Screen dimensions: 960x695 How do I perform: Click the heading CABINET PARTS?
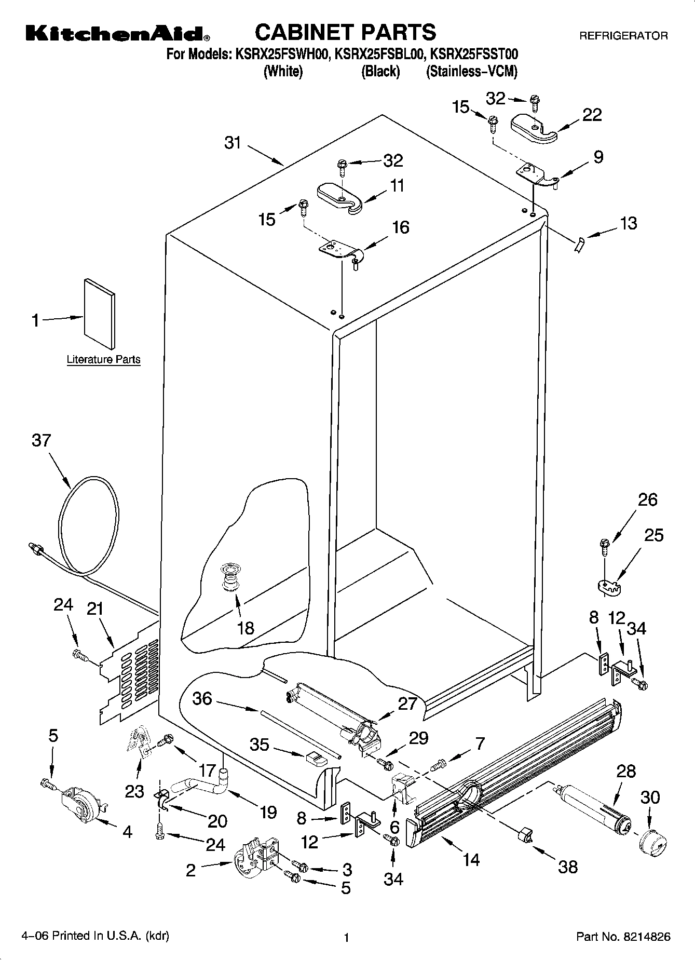click(345, 32)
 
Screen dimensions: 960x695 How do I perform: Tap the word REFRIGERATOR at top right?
click(623, 36)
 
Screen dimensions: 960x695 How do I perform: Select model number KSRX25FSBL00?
click(380, 54)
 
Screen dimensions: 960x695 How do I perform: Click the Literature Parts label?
click(103, 359)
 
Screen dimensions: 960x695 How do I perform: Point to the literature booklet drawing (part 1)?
click(100, 313)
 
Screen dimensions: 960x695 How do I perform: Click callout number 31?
click(233, 142)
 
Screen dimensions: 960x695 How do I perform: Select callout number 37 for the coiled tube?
click(42, 440)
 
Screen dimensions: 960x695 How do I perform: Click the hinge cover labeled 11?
click(339, 197)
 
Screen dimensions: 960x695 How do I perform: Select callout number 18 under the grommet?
click(246, 628)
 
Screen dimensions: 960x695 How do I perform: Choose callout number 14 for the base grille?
click(471, 860)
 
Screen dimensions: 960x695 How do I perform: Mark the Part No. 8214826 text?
click(623, 937)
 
